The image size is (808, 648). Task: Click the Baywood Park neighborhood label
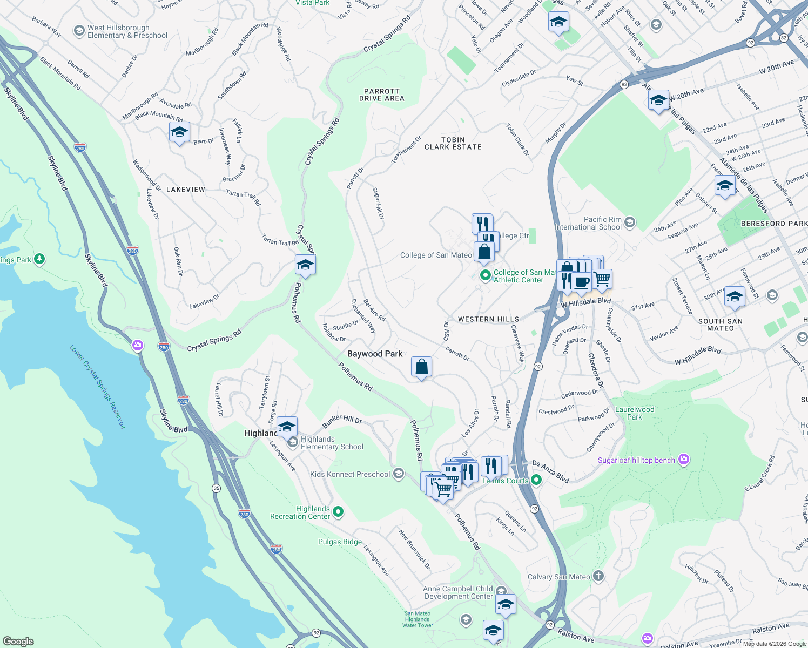tap(375, 354)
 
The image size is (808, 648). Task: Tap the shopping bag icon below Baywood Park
tap(421, 367)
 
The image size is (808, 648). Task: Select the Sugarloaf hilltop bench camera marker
tap(684, 460)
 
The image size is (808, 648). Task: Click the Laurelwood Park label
tap(635, 413)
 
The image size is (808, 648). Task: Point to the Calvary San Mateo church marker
tap(598, 576)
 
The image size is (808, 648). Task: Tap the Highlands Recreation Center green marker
tap(338, 512)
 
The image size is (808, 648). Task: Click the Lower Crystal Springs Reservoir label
tap(98, 386)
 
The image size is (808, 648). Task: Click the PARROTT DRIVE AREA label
tap(382, 95)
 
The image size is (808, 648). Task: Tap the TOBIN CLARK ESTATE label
tap(453, 143)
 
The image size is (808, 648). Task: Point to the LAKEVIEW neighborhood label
tap(186, 190)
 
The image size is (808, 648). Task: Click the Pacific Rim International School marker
tap(629, 222)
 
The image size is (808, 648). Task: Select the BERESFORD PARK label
tap(774, 224)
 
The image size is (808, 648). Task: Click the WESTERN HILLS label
tap(488, 319)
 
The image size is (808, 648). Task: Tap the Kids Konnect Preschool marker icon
tap(399, 474)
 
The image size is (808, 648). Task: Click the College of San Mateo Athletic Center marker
tap(485, 275)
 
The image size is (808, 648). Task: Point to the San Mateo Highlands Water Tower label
tap(418, 619)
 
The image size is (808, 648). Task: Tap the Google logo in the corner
tap(18, 641)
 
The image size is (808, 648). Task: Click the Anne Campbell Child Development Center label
tap(458, 592)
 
